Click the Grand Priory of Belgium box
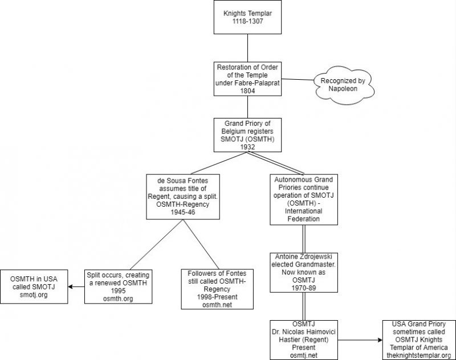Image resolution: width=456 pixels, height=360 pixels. coord(247,136)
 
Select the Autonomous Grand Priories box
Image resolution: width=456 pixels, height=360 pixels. coord(304,198)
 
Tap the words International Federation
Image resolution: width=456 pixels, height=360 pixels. coord(304,215)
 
